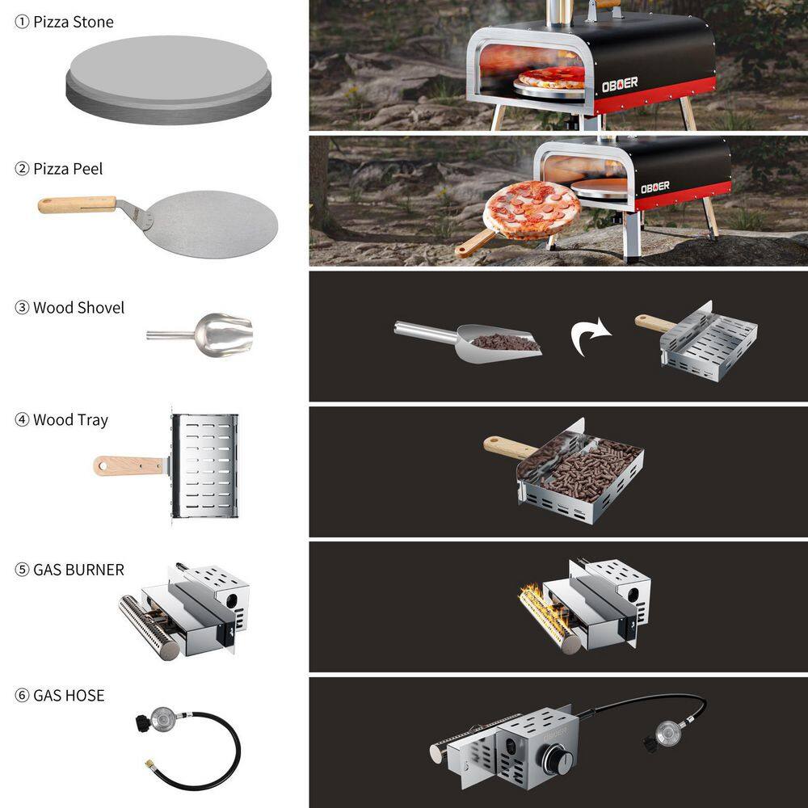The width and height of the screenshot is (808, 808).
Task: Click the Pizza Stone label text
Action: (x=74, y=22)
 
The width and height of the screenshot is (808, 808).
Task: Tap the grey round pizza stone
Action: (x=169, y=80)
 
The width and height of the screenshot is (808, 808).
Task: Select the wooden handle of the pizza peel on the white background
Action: (x=78, y=204)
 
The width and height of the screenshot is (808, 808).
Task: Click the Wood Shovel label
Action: (x=79, y=308)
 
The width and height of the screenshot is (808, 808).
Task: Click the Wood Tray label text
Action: (x=70, y=420)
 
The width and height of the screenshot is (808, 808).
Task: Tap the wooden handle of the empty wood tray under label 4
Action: (x=128, y=466)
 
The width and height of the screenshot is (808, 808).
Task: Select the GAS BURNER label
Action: (x=79, y=570)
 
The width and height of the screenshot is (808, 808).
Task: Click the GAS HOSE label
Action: (x=69, y=696)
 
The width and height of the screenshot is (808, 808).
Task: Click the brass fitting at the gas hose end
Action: (x=149, y=763)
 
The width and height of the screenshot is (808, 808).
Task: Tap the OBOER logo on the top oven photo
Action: (x=620, y=84)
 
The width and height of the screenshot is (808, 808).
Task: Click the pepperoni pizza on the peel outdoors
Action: (x=532, y=210)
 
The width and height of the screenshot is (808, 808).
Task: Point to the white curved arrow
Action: (x=589, y=336)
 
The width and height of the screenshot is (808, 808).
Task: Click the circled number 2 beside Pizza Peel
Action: (x=22, y=169)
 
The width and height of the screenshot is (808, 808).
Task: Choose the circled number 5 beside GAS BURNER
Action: (x=22, y=570)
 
